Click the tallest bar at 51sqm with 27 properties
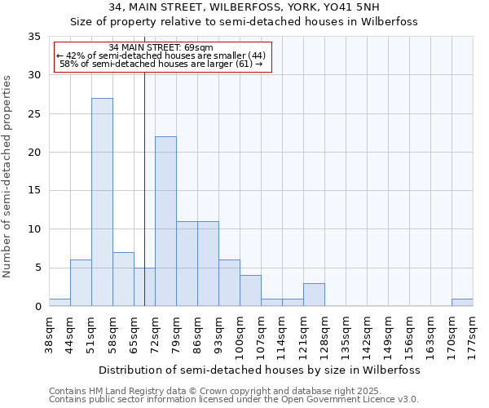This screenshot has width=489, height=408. [102, 202]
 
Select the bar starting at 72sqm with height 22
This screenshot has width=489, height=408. [165, 221]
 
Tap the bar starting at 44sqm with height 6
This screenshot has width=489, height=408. [81, 283]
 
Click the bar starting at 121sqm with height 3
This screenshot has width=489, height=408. [314, 295]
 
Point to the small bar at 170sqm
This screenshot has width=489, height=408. [462, 302]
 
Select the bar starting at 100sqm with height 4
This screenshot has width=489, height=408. [250, 290]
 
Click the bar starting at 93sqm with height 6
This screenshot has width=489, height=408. [229, 283]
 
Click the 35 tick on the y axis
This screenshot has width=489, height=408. [35, 37]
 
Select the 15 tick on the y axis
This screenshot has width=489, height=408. [35, 191]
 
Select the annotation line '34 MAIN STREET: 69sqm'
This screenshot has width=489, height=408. [161, 47]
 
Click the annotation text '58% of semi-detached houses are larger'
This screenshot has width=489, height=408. [161, 64]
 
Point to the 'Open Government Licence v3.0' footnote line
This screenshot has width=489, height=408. [234, 400]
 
